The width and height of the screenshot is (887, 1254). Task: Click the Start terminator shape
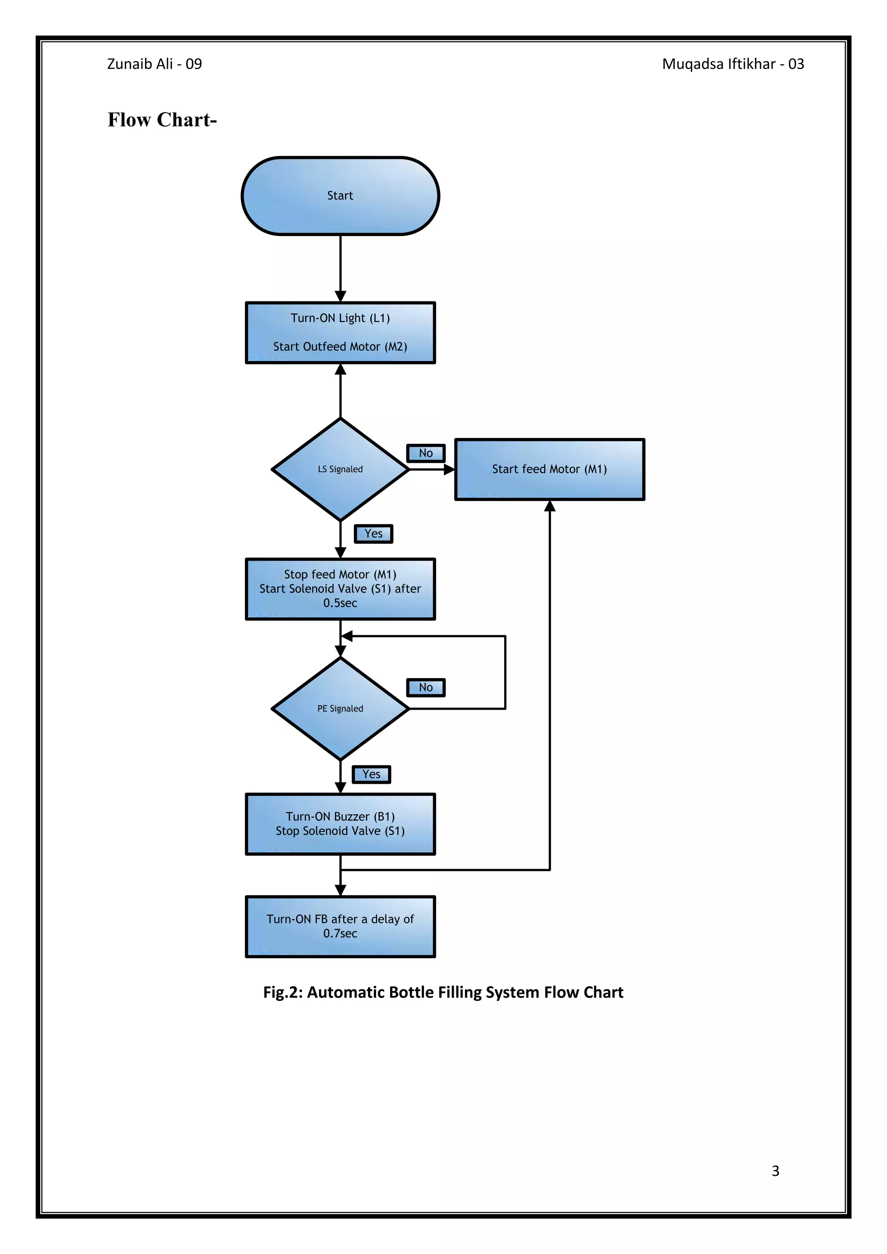(x=340, y=196)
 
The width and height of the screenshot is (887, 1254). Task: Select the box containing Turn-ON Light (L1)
(x=340, y=332)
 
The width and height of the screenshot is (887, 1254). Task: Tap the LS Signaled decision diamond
(x=340, y=469)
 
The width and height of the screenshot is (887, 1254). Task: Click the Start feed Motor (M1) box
(x=550, y=469)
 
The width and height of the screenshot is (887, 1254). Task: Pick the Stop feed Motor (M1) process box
(x=340, y=589)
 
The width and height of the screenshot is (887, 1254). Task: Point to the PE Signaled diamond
(x=340, y=708)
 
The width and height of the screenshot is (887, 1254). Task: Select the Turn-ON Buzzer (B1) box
(x=340, y=824)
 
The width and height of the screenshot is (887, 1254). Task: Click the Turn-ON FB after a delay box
(x=340, y=926)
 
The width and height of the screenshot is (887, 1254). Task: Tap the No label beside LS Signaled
(x=425, y=453)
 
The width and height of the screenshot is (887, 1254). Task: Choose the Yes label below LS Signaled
(x=374, y=533)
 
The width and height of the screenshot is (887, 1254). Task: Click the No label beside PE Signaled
(x=425, y=688)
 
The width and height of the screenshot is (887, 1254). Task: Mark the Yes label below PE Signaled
(x=372, y=774)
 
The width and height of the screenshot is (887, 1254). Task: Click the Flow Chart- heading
(x=162, y=120)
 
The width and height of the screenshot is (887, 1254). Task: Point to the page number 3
(x=775, y=1170)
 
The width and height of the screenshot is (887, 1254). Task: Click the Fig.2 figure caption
(x=443, y=992)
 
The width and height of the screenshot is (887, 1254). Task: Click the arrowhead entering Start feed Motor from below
(x=550, y=506)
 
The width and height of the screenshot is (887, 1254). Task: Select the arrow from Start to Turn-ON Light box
(x=340, y=268)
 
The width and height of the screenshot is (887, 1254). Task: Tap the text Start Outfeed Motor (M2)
(x=340, y=346)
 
